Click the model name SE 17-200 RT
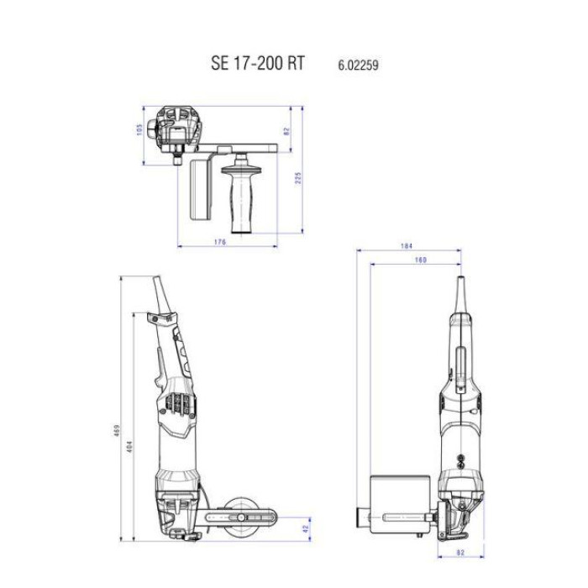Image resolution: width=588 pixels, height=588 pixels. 258,64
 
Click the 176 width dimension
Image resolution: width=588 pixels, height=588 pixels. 221,243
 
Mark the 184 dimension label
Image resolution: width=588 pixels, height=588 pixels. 407,246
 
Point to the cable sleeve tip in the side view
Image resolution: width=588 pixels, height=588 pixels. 157,289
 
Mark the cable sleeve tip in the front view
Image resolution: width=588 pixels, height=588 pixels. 459,289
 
